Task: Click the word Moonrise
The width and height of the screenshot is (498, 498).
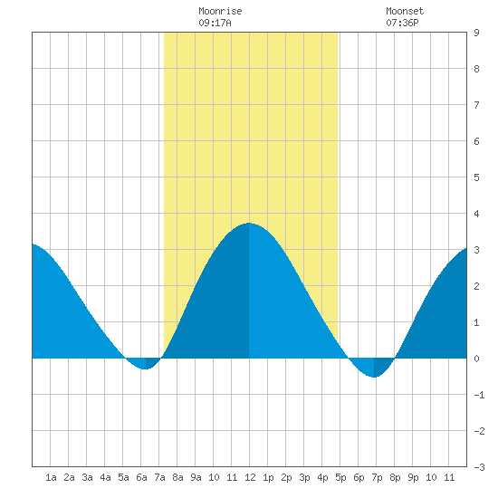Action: click(x=220, y=11)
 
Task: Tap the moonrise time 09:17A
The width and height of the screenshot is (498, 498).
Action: click(x=215, y=23)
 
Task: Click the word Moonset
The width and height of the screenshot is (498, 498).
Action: click(x=405, y=11)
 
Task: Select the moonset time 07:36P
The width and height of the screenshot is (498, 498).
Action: click(x=402, y=23)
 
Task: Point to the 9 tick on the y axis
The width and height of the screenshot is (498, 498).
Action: click(x=476, y=33)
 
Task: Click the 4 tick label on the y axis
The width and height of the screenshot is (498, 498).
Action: click(x=476, y=214)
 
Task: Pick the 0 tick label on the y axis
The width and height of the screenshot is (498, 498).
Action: click(x=476, y=359)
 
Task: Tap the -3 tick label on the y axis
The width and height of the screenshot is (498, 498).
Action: click(x=479, y=467)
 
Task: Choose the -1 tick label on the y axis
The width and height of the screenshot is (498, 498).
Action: click(x=479, y=395)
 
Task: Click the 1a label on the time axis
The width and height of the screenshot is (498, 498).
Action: click(x=51, y=477)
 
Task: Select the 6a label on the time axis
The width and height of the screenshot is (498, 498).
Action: click(x=141, y=477)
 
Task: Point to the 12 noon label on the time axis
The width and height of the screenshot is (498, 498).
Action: click(x=250, y=477)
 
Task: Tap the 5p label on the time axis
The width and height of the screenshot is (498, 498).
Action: click(x=340, y=477)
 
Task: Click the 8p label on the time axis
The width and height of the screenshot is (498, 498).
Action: click(x=395, y=477)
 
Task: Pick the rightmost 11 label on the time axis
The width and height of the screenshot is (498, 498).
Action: click(x=449, y=477)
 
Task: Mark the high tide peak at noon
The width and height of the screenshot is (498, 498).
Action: click(x=249, y=223)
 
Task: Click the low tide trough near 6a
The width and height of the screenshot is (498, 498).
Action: click(x=145, y=369)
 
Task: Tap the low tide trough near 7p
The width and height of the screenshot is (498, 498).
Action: click(x=375, y=377)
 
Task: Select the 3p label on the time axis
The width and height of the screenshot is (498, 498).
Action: click(x=304, y=477)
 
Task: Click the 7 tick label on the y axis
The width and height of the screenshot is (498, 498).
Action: click(x=476, y=105)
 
